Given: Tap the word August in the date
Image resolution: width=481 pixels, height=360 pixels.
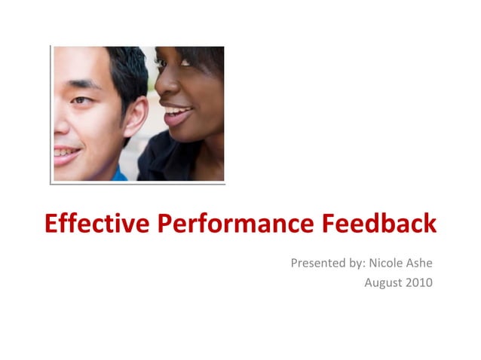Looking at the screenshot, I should (384, 282).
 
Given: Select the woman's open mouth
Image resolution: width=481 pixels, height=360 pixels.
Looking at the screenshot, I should (178, 115).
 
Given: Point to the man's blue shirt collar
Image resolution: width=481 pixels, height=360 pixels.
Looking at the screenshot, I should (119, 175).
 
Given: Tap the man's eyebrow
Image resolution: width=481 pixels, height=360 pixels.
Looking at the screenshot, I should (81, 84).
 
